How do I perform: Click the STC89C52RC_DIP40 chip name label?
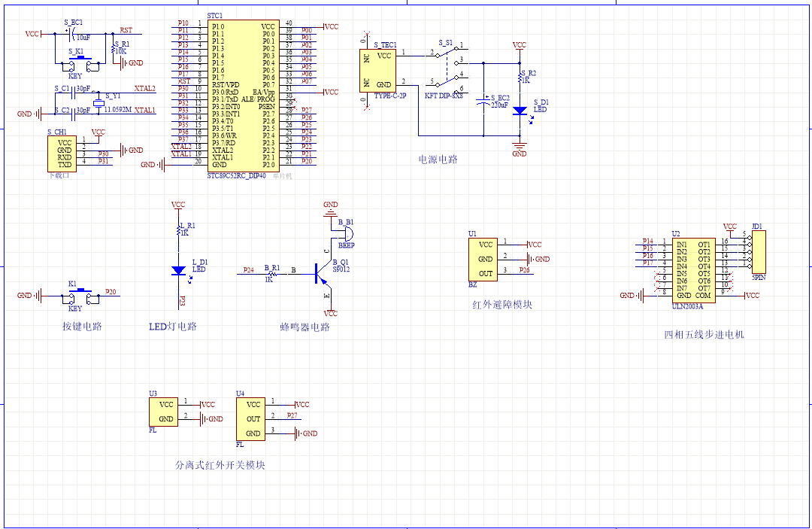pos(236,175)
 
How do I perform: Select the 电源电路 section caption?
pos(438,160)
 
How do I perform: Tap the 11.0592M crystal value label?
pos(117,110)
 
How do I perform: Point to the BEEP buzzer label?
pos(347,245)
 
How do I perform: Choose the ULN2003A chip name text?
pos(686,306)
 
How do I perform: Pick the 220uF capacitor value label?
pos(499,105)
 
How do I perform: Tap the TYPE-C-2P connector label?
pos(389,96)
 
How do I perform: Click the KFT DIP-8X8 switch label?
pos(444,96)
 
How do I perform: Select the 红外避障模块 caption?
pos(502,305)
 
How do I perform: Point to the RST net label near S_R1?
pos(126,31)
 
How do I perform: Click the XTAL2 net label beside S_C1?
pos(145,89)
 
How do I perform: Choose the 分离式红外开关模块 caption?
pos(220,465)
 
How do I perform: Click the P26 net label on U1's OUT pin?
pos(524,270)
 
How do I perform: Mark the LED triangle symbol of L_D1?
pos(178,269)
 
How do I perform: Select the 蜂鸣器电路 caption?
pos(304,327)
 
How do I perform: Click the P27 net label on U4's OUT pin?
pos(292,415)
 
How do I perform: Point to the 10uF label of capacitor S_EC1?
pos(83,37)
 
